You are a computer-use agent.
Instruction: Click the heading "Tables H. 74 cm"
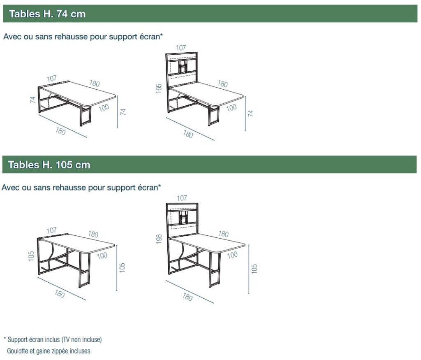[47, 14]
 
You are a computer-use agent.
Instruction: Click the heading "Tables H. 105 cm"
[49, 165]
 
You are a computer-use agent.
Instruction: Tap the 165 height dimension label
[159, 88]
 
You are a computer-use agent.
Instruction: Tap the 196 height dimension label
[159, 239]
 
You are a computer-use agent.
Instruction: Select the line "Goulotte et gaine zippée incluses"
[49, 351]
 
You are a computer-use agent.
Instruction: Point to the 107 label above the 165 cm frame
[181, 48]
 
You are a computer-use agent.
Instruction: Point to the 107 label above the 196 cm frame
[182, 198]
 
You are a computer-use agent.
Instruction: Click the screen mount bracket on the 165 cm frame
[182, 66]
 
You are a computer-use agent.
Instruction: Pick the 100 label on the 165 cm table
[231, 108]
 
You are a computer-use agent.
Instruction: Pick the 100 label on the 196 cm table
[232, 255]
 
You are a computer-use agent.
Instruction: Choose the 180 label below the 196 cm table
[187, 297]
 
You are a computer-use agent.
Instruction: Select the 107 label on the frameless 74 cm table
[51, 79]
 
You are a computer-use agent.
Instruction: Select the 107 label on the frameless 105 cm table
[51, 230]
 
